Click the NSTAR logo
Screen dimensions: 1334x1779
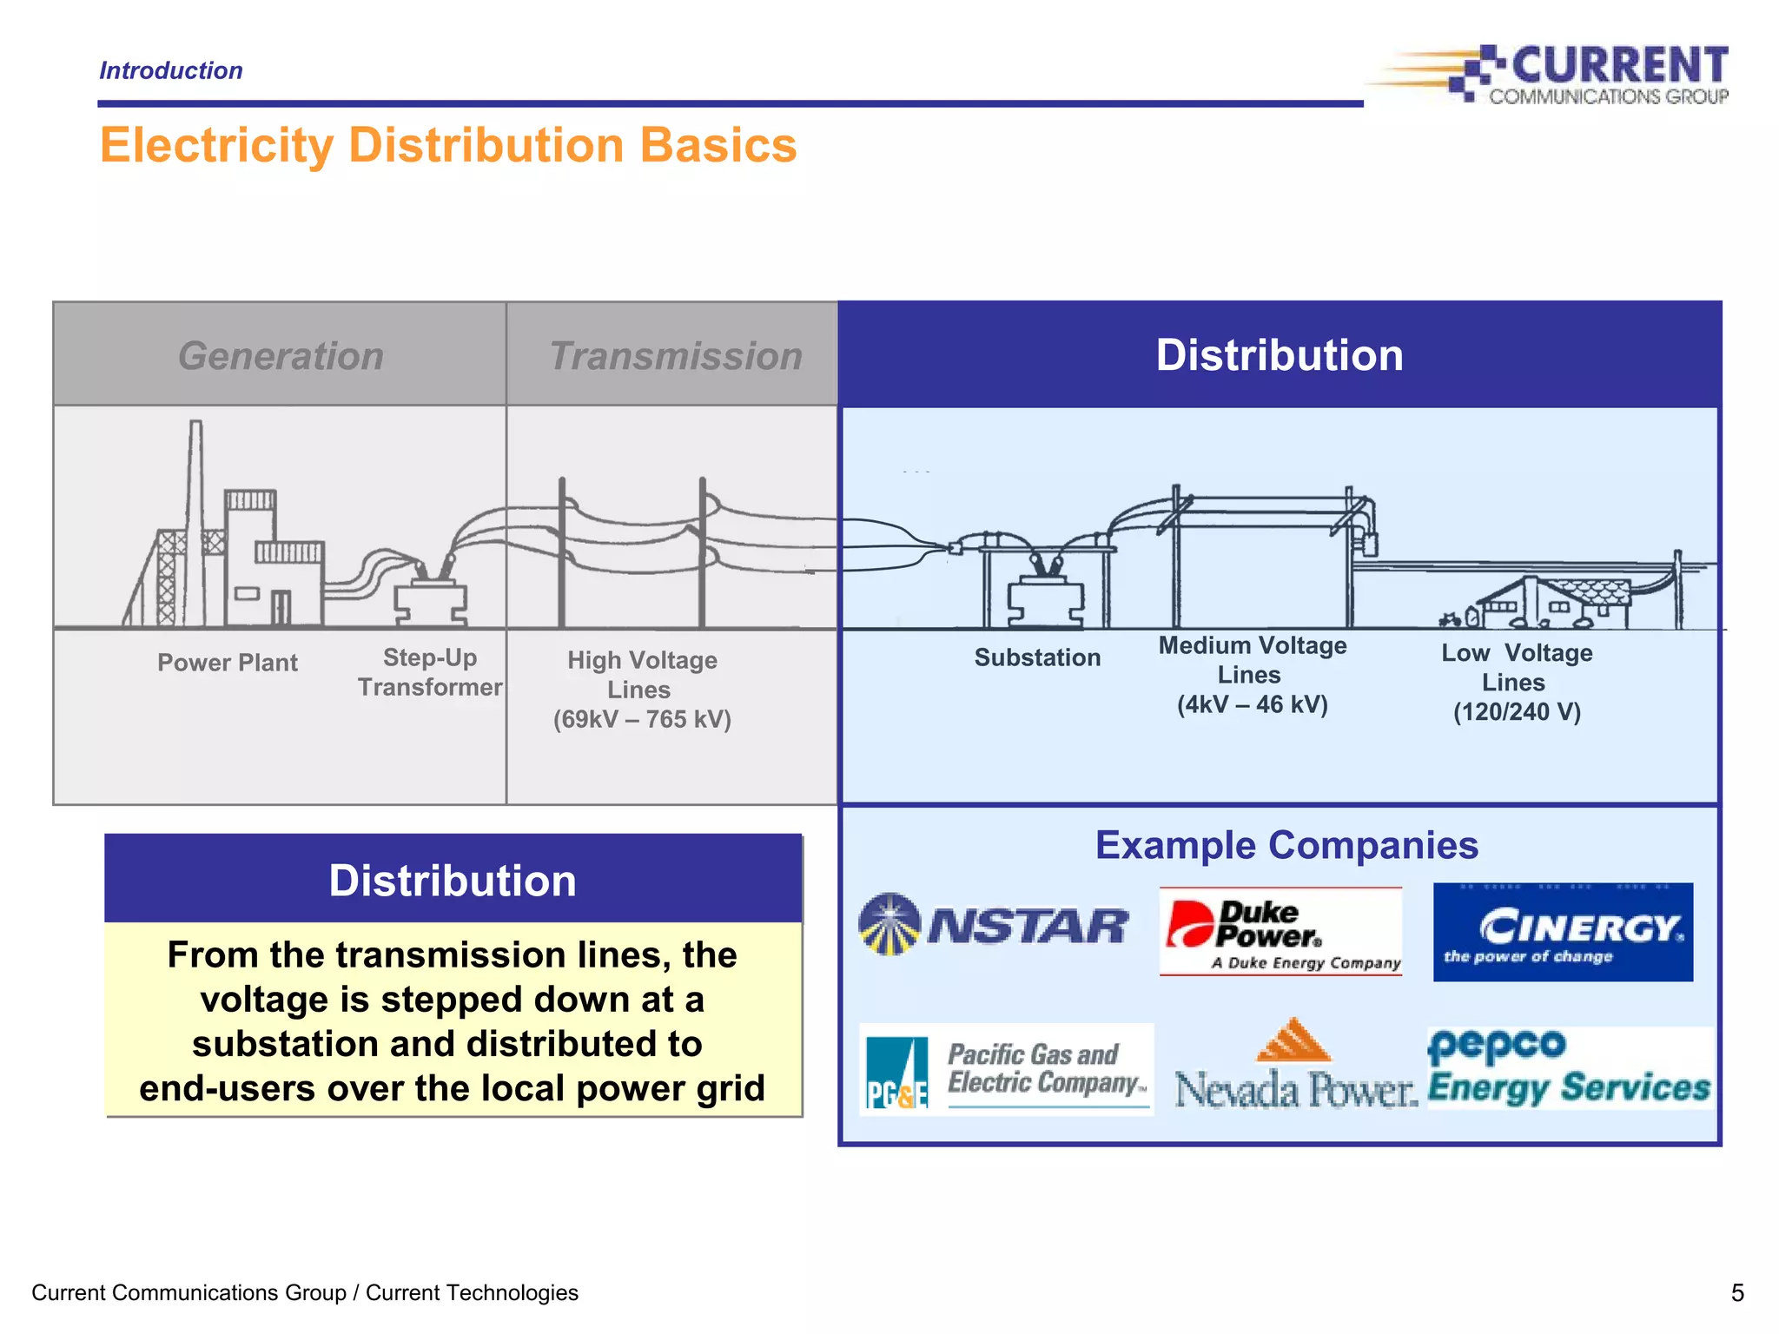992,925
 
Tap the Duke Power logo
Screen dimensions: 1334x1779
1280,931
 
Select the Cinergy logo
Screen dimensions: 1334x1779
1563,932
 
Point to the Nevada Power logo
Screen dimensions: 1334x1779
1294,1068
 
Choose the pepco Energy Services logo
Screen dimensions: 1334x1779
1569,1068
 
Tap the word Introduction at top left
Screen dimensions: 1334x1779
171,70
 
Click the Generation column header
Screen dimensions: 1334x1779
280,355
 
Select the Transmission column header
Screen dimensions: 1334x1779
675,355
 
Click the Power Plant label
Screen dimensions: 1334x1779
228,663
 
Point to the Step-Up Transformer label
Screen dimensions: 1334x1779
430,672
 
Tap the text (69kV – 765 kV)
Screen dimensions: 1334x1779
642,719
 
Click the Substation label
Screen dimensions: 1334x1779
1037,657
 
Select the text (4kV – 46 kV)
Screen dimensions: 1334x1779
1252,704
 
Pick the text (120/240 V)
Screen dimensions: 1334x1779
1517,712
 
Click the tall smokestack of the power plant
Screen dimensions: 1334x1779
196,512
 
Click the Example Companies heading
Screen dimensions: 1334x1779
1286,845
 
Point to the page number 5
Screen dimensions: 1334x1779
1736,1293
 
